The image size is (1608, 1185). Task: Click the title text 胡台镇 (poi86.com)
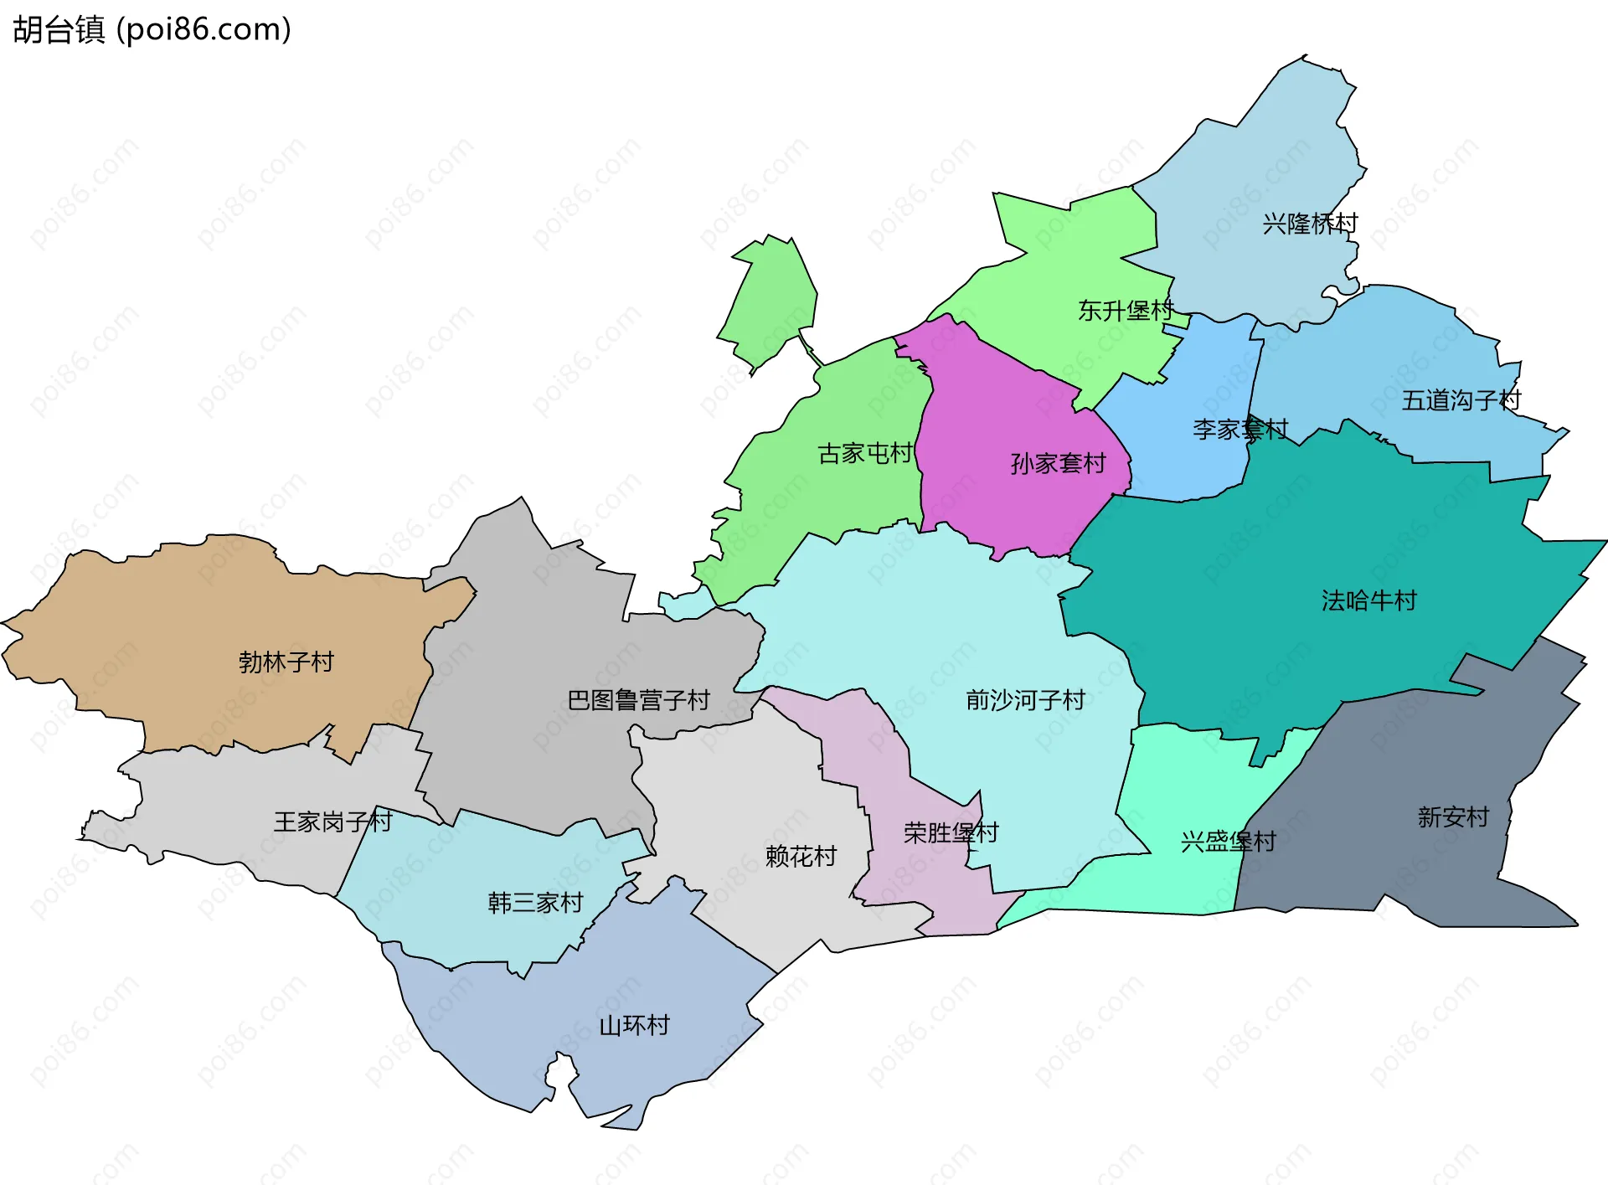point(152,29)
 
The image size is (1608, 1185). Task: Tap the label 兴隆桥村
point(1309,224)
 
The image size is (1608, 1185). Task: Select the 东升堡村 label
point(1125,312)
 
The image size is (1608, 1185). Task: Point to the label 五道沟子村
point(1461,401)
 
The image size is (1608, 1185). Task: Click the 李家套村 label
point(1239,430)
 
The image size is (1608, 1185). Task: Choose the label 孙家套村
point(1058,464)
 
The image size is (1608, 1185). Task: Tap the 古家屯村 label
point(864,454)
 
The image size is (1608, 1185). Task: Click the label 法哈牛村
point(1368,601)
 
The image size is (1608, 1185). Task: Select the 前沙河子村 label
point(1025,700)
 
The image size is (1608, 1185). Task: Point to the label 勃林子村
point(286,662)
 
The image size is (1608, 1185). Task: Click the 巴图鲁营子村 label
point(638,700)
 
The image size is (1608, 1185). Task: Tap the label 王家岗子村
point(332,822)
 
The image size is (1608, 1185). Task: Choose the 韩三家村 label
point(535,903)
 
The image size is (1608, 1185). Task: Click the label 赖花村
point(801,857)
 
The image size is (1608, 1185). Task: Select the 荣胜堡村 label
point(951,833)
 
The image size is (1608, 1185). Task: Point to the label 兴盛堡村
point(1228,842)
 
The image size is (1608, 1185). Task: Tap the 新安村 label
point(1453,817)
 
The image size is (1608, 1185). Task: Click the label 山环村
point(634,1026)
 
